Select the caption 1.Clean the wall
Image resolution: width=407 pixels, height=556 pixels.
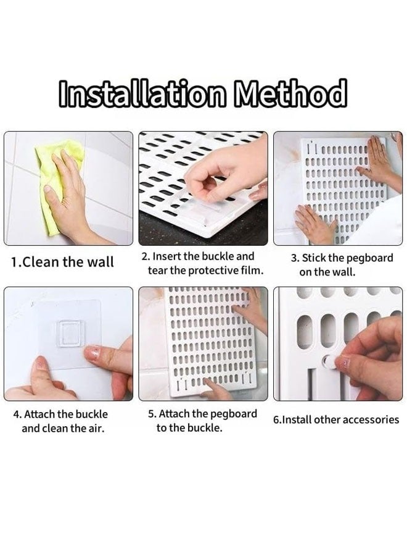click(63, 262)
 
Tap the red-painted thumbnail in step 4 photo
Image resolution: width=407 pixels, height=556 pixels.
click(92, 353)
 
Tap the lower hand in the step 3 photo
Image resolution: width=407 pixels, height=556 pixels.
click(314, 224)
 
